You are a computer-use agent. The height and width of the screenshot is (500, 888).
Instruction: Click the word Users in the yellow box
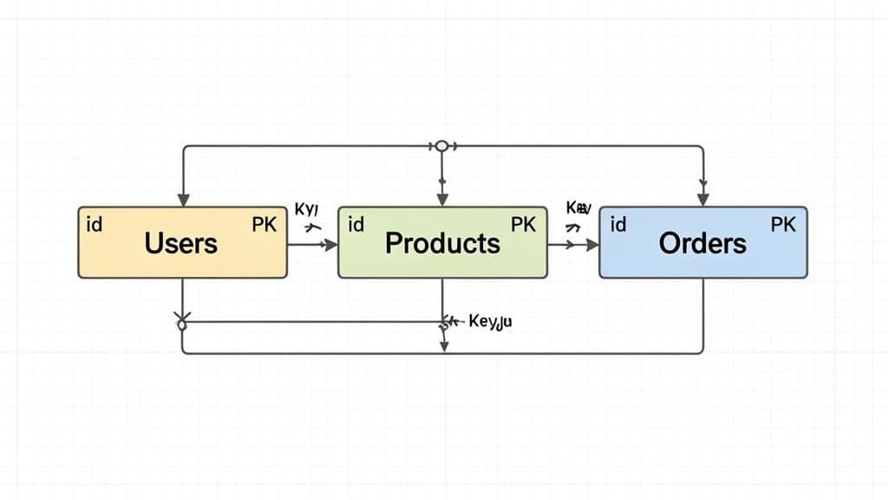tap(181, 242)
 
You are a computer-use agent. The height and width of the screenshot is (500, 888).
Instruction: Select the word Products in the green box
tap(442, 242)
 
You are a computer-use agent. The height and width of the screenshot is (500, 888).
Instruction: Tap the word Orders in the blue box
tap(702, 242)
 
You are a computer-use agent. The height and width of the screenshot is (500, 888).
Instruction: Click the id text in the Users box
tap(95, 225)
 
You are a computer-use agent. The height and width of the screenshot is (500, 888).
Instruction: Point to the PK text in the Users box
tap(264, 225)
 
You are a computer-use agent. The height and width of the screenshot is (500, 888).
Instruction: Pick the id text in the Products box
tap(356, 225)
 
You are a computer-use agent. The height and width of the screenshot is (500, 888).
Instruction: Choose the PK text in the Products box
tap(523, 225)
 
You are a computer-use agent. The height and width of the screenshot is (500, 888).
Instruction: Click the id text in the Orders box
tap(618, 225)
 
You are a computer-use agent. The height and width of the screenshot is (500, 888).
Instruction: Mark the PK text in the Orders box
tap(783, 225)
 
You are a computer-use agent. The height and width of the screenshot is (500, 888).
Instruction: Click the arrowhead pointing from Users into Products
tap(331, 246)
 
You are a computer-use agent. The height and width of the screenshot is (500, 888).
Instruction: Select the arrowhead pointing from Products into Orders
tap(592, 246)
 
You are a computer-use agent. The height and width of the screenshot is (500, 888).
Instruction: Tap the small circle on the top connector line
tap(441, 146)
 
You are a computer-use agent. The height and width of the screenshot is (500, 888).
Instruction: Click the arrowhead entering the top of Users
tap(183, 200)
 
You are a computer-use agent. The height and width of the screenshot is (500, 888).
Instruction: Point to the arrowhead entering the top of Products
tap(442, 200)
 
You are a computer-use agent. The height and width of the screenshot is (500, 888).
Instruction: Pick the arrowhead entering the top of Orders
tap(703, 200)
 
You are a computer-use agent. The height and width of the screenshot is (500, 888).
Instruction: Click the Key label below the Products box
tap(491, 322)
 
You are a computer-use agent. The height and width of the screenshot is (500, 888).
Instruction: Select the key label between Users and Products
tap(308, 209)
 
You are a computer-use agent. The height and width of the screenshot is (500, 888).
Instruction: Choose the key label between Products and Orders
tap(578, 208)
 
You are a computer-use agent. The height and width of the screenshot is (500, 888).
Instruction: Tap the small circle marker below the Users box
tap(182, 325)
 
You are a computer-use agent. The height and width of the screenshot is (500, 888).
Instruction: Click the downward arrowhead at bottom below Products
tap(443, 346)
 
